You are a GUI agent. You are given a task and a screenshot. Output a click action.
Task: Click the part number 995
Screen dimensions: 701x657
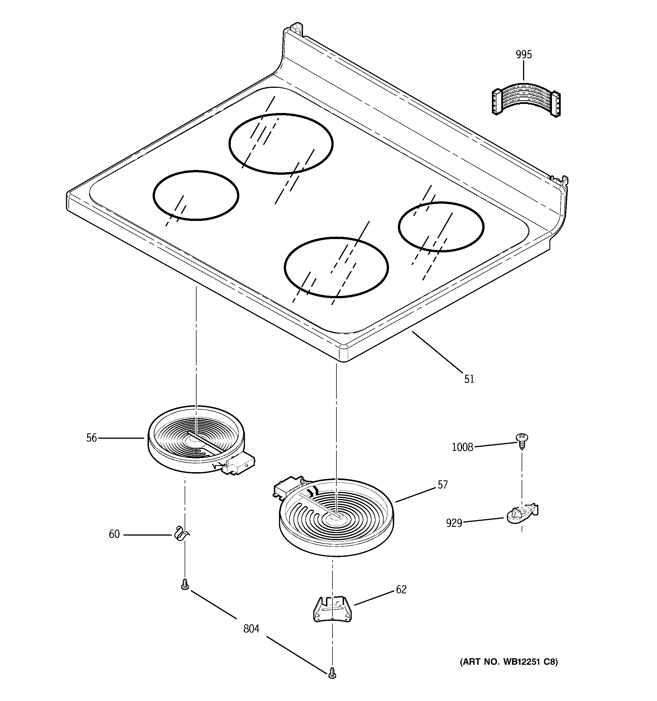(524, 55)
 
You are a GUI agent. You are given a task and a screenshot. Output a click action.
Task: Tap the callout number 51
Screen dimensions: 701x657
(469, 379)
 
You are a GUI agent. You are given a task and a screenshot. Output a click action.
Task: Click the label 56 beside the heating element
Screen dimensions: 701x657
(91, 438)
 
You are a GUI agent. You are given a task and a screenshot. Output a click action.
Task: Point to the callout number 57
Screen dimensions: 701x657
(443, 485)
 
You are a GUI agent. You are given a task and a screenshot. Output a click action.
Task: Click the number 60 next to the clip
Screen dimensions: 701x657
(114, 534)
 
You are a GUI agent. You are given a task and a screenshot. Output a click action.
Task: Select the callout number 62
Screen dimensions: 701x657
(401, 590)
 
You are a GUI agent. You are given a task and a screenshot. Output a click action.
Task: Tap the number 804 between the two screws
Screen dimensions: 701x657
(251, 629)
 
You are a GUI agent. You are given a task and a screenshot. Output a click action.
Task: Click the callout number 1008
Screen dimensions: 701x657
(462, 448)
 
